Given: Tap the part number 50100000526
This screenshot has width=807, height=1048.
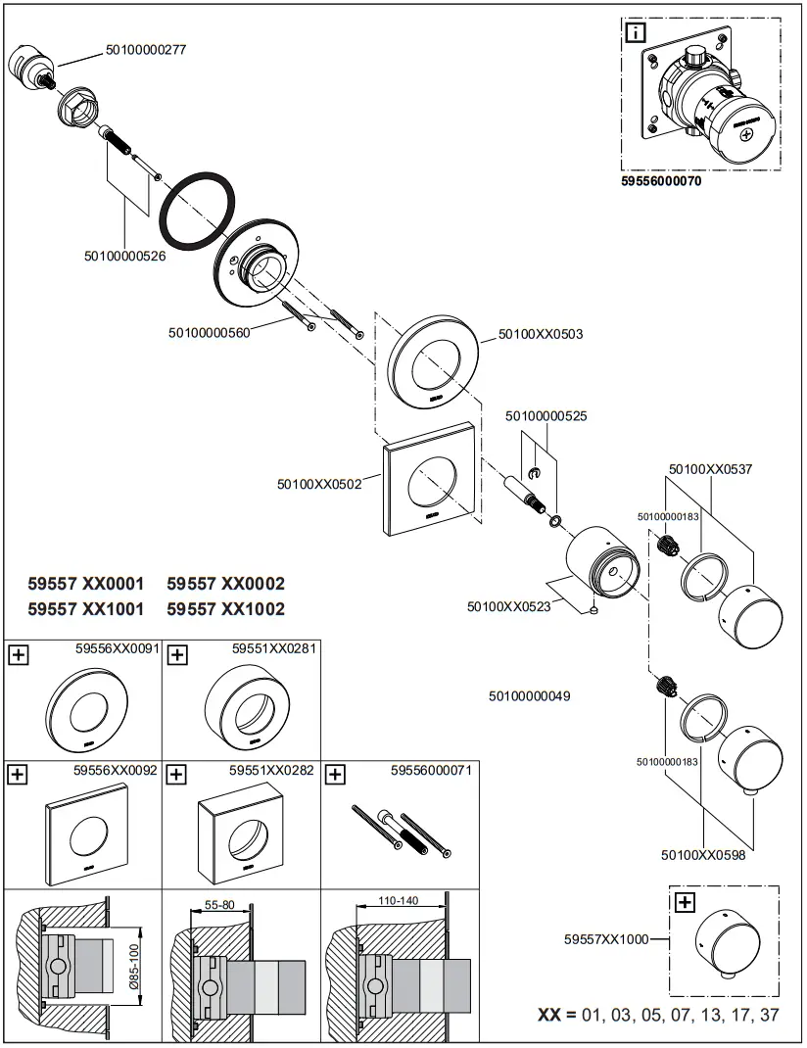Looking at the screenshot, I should (x=124, y=257).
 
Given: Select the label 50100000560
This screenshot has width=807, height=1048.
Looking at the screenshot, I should (x=210, y=332).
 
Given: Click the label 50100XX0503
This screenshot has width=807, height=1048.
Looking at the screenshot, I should (x=541, y=334).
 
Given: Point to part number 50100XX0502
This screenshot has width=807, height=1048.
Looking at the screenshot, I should (x=320, y=483).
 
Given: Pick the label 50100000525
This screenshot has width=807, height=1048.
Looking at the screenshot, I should (x=546, y=416).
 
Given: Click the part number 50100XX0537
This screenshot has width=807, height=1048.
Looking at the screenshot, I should (x=710, y=469).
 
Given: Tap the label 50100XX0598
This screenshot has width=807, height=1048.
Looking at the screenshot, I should (x=703, y=854).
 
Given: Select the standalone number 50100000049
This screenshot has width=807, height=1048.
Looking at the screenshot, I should (x=529, y=696).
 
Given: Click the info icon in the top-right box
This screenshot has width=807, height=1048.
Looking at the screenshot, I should (x=637, y=33).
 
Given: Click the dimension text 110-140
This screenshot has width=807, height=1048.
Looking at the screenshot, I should (x=399, y=900).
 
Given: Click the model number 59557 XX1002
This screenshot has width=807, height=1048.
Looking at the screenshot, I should (x=225, y=609).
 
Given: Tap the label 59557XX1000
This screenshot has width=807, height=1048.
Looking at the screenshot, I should (x=606, y=938).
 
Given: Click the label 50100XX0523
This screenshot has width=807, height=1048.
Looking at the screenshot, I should (x=509, y=606).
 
